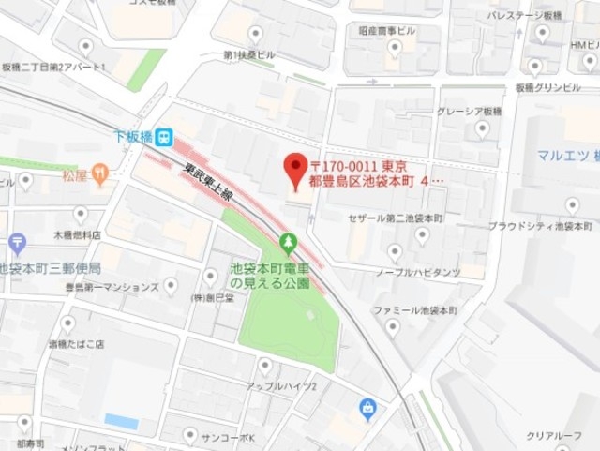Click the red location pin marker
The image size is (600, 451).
pos(296,169)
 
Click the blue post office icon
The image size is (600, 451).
pos(17,246)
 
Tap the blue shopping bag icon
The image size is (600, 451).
pos(368,408)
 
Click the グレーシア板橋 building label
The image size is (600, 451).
pos(472,113)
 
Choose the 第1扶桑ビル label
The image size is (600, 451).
pos(248,55)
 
